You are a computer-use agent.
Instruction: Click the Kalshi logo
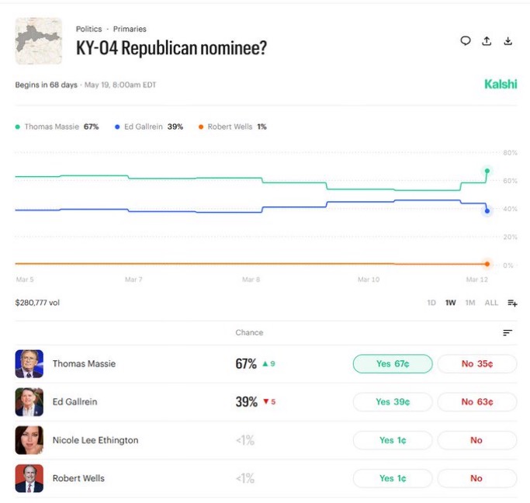point(500,85)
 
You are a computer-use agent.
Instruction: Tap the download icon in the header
point(508,41)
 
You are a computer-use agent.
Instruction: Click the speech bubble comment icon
point(466,41)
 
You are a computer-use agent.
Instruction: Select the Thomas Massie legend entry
point(57,127)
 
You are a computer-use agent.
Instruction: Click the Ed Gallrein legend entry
point(149,127)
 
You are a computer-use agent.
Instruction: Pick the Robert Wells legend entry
point(233,127)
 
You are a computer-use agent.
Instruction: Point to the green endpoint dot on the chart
point(487,171)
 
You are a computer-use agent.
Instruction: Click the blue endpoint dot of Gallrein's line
point(487,210)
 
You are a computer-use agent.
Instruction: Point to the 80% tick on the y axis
point(509,152)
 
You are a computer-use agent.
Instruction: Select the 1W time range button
point(451,303)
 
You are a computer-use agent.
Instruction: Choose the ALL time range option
point(491,303)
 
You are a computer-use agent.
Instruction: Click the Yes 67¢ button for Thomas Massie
point(393,364)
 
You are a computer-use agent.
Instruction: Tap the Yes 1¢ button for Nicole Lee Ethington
point(393,440)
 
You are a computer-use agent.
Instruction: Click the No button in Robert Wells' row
point(476,478)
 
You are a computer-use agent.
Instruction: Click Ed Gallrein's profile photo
point(29,402)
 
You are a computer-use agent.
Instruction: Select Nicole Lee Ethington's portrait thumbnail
point(29,440)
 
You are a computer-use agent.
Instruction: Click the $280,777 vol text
point(37,303)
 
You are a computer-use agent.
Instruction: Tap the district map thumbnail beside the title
point(39,40)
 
